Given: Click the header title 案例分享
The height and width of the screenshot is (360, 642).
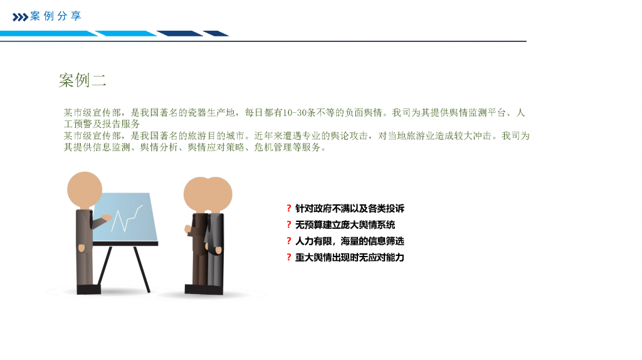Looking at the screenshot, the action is (56, 16).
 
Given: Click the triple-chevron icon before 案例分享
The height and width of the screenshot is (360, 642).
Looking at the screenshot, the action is (21, 17).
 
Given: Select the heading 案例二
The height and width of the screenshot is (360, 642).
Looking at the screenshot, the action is (82, 80).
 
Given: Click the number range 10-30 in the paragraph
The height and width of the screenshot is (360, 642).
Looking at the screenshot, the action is (293, 113).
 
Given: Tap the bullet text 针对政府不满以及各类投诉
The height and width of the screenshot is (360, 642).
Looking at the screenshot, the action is (350, 208).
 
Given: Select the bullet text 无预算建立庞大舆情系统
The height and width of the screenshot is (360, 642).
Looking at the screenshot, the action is (345, 225).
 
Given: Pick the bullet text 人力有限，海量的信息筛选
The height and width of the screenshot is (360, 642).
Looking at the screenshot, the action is (350, 241).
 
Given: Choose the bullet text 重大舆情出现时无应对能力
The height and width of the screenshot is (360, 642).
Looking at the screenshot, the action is (350, 258).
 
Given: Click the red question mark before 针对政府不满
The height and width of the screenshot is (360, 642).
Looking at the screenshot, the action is (288, 208).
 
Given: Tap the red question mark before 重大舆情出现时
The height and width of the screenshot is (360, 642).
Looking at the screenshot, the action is (288, 258).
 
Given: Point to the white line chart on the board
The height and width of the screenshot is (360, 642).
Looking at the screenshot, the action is (127, 219).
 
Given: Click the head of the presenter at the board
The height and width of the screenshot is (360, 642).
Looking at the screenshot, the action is (85, 189).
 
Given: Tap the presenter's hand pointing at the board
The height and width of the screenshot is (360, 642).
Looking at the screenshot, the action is (107, 218).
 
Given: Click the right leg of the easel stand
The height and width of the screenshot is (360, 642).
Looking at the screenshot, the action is (142, 269).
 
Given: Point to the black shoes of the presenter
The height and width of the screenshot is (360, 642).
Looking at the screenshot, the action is (88, 289).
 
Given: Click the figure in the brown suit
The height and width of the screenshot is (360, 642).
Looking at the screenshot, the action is (199, 235).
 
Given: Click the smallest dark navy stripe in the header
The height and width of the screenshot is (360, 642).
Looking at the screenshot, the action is (216, 34).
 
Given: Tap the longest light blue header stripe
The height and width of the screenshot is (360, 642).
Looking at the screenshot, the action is (49, 34).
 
